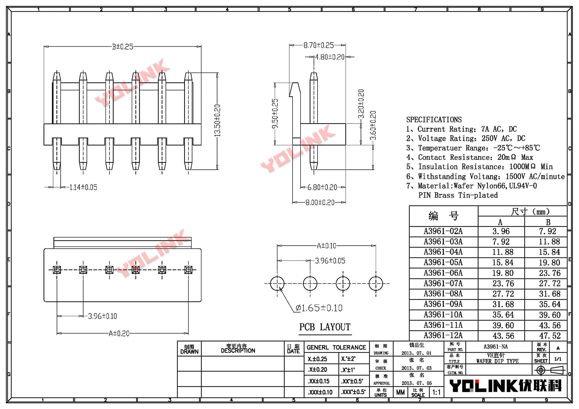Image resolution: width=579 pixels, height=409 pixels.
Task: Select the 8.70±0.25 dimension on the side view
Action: pyautogui.click(x=318, y=45)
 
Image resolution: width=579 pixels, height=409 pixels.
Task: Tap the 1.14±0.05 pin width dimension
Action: pyautogui.click(x=83, y=187)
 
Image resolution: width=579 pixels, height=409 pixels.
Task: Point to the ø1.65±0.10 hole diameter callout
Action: pyautogui.click(x=319, y=308)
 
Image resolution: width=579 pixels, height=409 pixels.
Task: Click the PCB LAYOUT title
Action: pyautogui.click(x=325, y=327)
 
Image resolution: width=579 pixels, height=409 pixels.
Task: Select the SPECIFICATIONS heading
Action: pyautogui.click(x=434, y=120)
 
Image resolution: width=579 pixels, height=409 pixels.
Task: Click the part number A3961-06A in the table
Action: pyautogui.click(x=443, y=273)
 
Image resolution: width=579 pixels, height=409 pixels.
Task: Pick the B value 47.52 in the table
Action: pyautogui.click(x=549, y=335)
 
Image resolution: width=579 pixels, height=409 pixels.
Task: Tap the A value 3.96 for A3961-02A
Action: pyautogui.click(x=501, y=231)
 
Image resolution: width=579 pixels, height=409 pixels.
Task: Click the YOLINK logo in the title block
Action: pyautogui.click(x=505, y=386)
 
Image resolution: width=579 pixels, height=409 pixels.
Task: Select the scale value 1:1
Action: pyautogui.click(x=436, y=392)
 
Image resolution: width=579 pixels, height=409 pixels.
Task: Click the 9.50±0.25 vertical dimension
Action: pyautogui.click(x=275, y=113)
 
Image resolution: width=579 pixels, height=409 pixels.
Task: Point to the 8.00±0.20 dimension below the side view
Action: pyautogui.click(x=320, y=202)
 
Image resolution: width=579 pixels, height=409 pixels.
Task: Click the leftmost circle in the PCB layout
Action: pyautogui.click(x=277, y=283)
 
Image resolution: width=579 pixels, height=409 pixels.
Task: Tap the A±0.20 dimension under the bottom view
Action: pyautogui.click(x=119, y=333)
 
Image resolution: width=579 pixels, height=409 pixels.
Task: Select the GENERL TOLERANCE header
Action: pyautogui.click(x=336, y=348)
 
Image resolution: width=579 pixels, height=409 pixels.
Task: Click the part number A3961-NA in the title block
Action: pyautogui.click(x=495, y=347)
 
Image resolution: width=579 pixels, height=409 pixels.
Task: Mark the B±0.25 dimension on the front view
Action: pyautogui.click(x=122, y=47)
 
